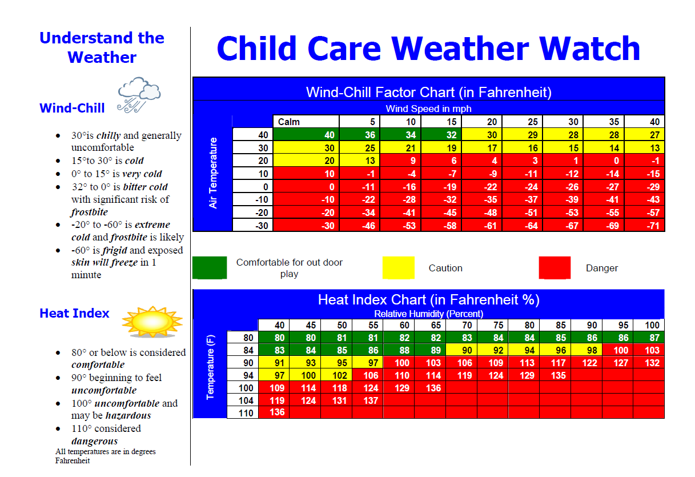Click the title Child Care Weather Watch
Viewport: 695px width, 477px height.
click(x=428, y=49)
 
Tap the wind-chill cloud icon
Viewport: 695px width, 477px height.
click(x=138, y=94)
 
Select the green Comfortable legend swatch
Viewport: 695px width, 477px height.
click(x=210, y=268)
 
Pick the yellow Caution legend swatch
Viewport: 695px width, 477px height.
click(x=398, y=268)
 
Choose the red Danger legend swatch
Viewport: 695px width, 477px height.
click(x=555, y=268)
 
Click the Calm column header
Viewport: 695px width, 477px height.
click(x=289, y=122)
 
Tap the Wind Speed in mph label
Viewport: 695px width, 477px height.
click(x=428, y=109)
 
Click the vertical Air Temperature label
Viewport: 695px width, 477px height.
click(x=214, y=173)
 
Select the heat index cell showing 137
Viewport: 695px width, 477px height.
click(x=371, y=400)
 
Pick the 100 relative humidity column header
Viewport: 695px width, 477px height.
click(x=652, y=326)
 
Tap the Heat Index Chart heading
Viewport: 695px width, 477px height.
click(x=428, y=300)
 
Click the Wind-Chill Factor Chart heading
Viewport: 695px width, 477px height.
click(x=428, y=93)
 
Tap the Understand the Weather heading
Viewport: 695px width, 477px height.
click(x=102, y=47)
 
